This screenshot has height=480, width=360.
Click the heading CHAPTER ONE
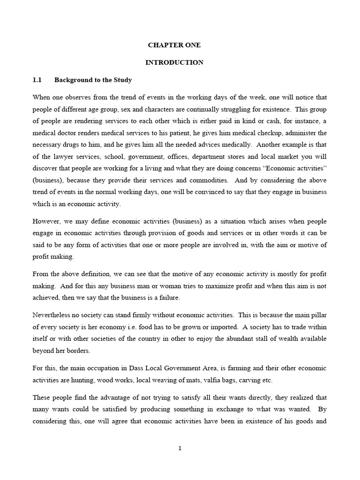click(x=174, y=45)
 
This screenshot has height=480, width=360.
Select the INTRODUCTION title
click(x=174, y=62)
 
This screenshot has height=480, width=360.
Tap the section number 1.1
click(x=37, y=80)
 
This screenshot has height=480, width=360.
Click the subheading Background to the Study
click(x=93, y=80)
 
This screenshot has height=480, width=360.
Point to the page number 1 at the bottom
click(x=180, y=448)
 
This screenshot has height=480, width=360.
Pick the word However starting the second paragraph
click(x=46, y=221)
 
